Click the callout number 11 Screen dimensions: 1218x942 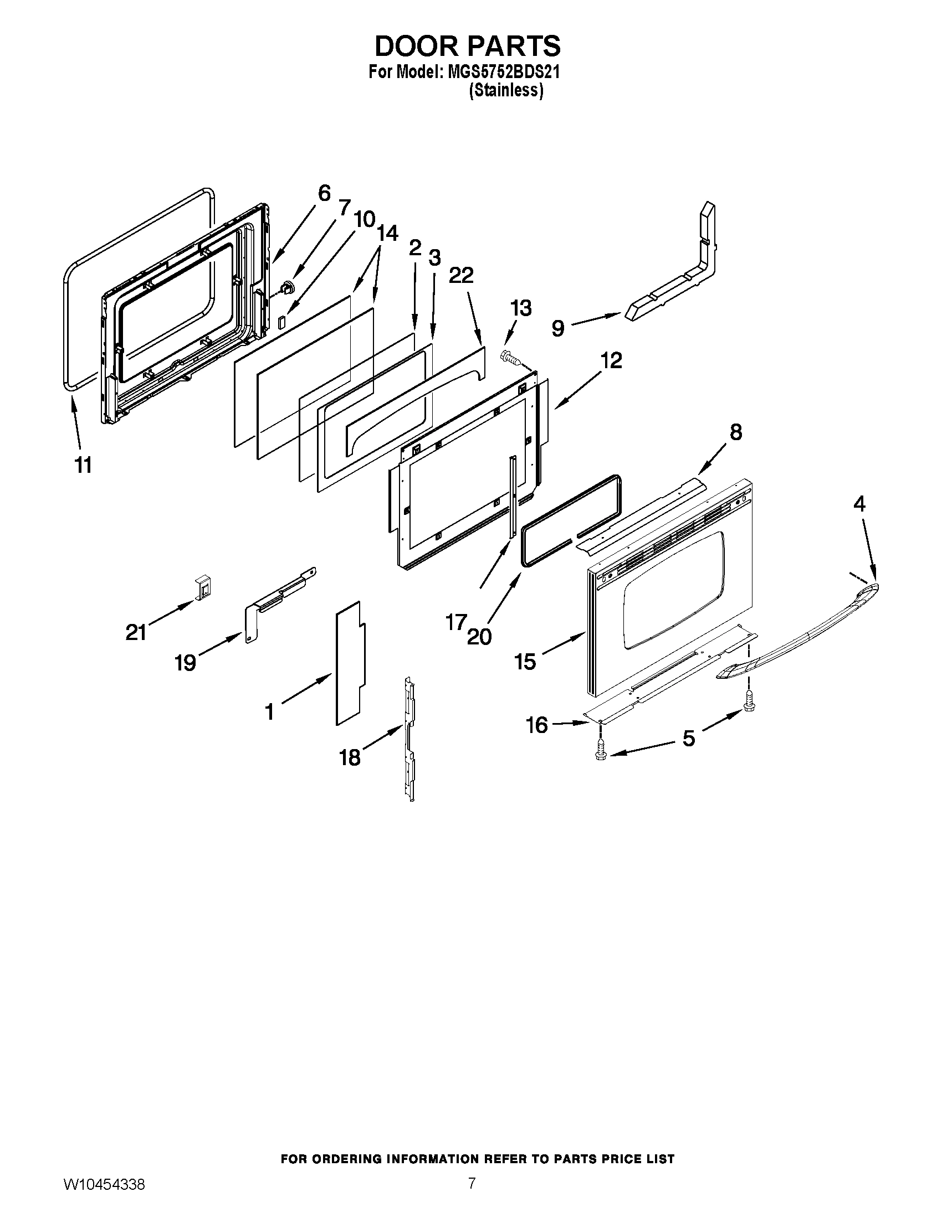[83, 465]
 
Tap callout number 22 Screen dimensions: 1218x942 [461, 276]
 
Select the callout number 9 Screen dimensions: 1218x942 [557, 328]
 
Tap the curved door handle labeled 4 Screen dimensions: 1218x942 [803, 629]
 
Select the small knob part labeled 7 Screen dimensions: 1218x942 [288, 288]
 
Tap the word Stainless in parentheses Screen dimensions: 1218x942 [505, 90]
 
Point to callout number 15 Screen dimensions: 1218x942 [526, 662]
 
